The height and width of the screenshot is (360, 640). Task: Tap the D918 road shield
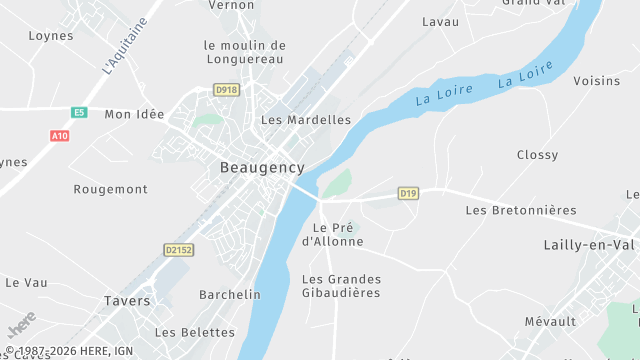click(225, 90)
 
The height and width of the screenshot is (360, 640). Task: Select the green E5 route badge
click(79, 113)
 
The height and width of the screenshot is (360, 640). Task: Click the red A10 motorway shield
click(59, 135)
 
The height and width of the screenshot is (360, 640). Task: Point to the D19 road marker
click(407, 193)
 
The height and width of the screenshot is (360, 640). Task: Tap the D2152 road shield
click(179, 250)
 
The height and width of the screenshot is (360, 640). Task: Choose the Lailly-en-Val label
click(589, 245)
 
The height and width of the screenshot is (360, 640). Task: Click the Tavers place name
click(127, 300)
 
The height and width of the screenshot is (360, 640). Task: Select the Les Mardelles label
click(305, 120)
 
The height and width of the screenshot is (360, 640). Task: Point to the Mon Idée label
click(134, 114)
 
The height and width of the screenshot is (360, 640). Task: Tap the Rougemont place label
click(110, 189)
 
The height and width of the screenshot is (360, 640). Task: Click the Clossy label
click(537, 155)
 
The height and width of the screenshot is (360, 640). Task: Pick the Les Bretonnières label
click(521, 210)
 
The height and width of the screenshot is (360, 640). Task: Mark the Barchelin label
click(229, 295)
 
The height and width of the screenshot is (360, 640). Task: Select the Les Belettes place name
click(195, 332)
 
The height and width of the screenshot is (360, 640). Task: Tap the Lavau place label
click(440, 21)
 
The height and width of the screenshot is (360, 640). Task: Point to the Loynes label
click(51, 35)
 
